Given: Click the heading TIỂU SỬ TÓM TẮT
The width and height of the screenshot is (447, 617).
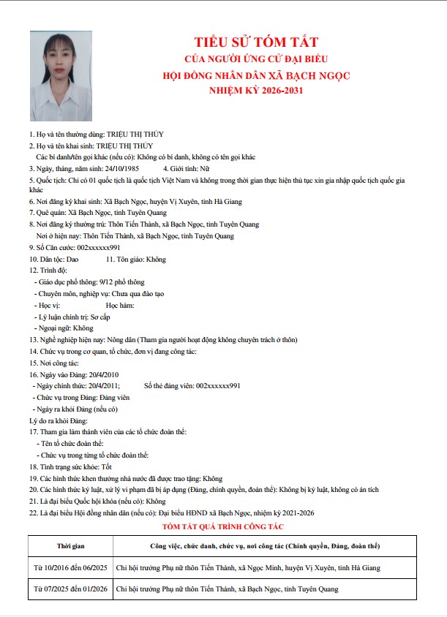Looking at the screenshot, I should click(x=255, y=42).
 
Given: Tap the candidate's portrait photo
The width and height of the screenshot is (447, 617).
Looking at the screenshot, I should click(x=61, y=75).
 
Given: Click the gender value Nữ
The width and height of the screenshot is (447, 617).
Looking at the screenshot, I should click(x=204, y=167).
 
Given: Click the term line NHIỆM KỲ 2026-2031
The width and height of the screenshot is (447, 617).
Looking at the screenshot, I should click(x=255, y=91).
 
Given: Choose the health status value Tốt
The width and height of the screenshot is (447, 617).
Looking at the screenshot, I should click(x=107, y=466).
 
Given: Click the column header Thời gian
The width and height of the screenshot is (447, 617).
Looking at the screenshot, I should click(x=71, y=546).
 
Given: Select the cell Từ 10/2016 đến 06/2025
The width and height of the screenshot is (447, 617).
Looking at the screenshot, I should click(x=71, y=567).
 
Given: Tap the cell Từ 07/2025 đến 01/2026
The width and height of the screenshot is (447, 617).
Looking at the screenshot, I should click(x=71, y=588).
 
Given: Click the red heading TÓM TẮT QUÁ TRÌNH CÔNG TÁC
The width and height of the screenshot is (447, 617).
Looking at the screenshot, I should click(x=222, y=526).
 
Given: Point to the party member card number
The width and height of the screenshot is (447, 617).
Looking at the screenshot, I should click(x=218, y=385).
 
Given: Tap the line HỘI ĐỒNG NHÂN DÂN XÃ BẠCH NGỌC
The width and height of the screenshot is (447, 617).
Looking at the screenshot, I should click(x=255, y=75).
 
